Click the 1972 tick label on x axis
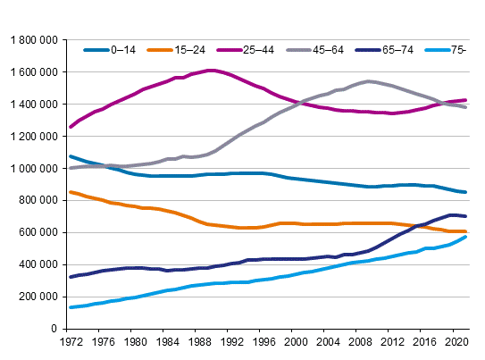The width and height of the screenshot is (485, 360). [x=70, y=341]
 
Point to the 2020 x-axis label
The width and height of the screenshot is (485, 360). [x=456, y=341]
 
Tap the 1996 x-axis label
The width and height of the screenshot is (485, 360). [x=263, y=341]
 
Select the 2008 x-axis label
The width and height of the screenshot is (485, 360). [x=360, y=341]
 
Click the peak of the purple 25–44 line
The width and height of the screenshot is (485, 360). [x=211, y=71]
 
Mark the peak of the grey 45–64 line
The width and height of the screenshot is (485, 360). [x=368, y=81]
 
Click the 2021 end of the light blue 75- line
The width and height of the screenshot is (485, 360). [x=465, y=237]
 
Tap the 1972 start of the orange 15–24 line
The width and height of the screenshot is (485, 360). [x=70, y=192]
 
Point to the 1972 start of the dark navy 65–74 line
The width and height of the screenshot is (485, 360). [x=70, y=277]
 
